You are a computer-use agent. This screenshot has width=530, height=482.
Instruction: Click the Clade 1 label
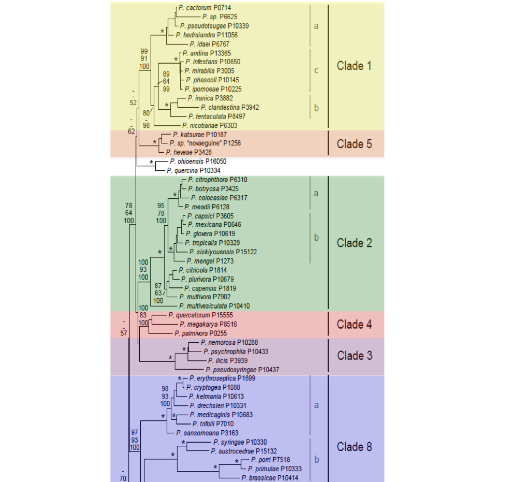(x=354, y=66)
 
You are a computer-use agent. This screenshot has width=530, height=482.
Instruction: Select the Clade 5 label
(x=354, y=143)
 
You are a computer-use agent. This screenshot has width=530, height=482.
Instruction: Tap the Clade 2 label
(x=354, y=242)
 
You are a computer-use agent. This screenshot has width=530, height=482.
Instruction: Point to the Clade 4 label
(x=354, y=324)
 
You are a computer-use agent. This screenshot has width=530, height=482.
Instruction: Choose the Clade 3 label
(x=354, y=356)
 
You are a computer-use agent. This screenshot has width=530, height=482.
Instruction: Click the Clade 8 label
(x=354, y=447)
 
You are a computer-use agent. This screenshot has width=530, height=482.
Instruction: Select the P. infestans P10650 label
(x=213, y=62)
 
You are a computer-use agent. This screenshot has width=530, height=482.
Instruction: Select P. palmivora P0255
(x=198, y=333)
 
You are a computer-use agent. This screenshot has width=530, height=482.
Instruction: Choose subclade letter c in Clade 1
(x=316, y=70)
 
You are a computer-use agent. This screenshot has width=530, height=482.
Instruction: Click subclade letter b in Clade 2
(x=316, y=238)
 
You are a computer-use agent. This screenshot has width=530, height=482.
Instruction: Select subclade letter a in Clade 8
(x=316, y=405)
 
